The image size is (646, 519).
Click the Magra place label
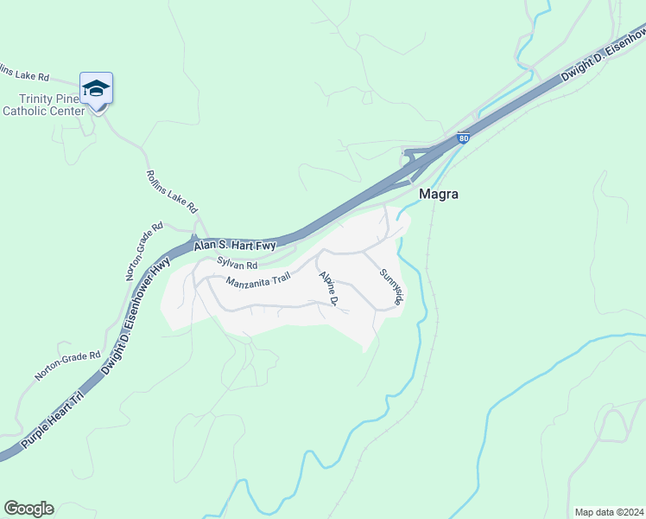click(438, 194)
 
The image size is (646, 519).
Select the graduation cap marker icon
click(96, 88)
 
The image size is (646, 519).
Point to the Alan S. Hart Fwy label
click(234, 247)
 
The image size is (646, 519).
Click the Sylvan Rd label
click(237, 263)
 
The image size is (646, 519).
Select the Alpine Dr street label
click(328, 288)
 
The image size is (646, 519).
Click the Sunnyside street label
click(391, 286)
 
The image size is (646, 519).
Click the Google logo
click(28, 509)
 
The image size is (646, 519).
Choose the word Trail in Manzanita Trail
click(275, 278)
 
